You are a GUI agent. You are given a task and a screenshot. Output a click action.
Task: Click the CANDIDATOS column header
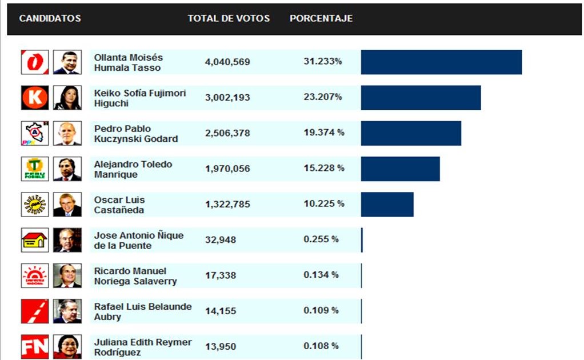(x=50, y=18)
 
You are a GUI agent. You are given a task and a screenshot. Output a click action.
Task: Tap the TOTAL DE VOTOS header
(x=229, y=18)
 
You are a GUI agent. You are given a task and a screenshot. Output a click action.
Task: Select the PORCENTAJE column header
(x=321, y=18)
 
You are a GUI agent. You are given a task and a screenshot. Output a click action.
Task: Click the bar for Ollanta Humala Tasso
(x=441, y=62)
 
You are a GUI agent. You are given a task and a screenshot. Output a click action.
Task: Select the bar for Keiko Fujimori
(x=421, y=98)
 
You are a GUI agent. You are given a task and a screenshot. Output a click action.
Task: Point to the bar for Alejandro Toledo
(x=400, y=169)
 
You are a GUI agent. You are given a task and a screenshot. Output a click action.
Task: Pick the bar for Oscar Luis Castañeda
(x=387, y=204)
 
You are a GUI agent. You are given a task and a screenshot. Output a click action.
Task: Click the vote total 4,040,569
(x=227, y=62)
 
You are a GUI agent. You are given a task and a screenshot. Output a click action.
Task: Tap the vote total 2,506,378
(x=227, y=133)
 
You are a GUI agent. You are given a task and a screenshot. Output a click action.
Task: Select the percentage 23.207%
(x=323, y=97)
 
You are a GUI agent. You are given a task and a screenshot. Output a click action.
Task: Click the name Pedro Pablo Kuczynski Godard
(x=135, y=134)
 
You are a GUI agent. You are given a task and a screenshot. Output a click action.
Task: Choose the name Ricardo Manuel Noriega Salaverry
(x=135, y=276)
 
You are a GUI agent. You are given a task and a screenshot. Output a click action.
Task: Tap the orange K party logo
(x=35, y=98)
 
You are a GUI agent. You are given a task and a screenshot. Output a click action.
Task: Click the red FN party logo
(x=35, y=347)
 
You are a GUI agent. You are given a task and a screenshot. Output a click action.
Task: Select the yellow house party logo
(x=35, y=240)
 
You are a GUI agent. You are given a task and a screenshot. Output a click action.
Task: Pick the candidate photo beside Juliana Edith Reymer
(x=67, y=347)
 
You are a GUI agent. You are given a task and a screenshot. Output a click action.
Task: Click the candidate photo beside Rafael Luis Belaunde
(x=67, y=311)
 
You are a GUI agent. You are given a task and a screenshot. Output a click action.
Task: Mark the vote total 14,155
(x=221, y=311)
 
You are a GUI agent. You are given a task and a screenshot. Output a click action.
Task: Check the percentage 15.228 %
(x=324, y=168)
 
